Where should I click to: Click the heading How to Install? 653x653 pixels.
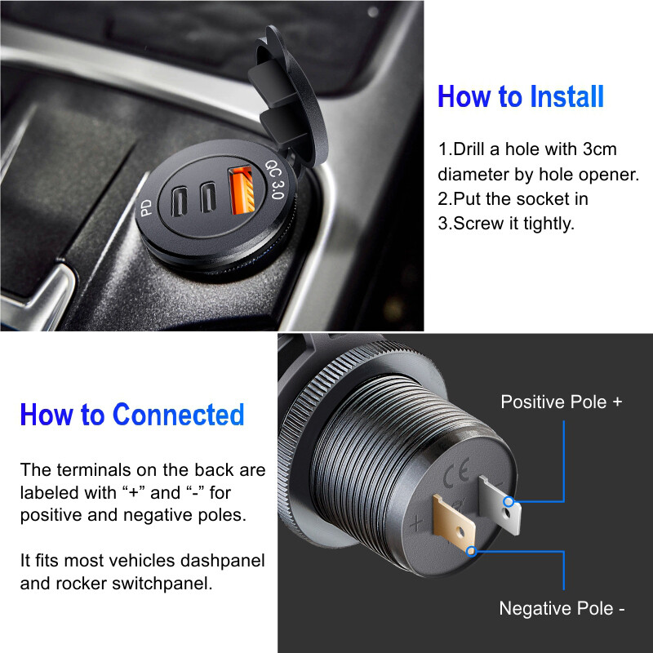521,96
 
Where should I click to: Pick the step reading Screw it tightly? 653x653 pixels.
506,224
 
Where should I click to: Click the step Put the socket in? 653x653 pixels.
513,199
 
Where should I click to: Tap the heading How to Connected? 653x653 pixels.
131,415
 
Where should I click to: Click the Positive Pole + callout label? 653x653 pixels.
561,402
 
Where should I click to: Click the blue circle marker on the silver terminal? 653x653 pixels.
509,501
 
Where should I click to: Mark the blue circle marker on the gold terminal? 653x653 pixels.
471,551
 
